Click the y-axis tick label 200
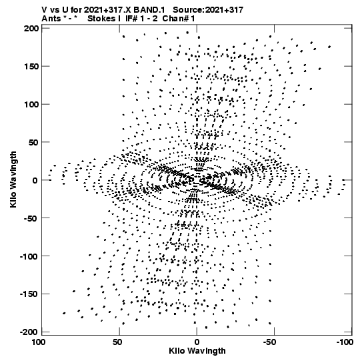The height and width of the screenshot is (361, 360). coord(31,29)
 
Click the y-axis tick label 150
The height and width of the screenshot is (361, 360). coord(31,67)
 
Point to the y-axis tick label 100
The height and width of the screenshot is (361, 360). coord(31,105)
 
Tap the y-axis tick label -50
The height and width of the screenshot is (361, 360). coord(30,218)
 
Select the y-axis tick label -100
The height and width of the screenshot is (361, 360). coord(29,256)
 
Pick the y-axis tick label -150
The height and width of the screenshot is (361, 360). coord(29,294)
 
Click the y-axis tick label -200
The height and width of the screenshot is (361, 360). coord(29,332)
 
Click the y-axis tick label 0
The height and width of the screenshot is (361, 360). coord(35,180)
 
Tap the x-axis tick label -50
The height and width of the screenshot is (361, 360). coord(269,342)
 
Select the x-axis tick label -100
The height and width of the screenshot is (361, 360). coord(345,342)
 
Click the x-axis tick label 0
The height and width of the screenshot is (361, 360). coord(197,342)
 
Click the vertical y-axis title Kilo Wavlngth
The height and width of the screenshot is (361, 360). coord(13,179)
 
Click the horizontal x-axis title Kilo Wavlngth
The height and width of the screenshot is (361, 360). coord(197,352)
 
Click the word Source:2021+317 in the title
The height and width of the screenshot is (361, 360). coord(208,10)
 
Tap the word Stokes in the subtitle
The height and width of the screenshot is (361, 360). coord(101,19)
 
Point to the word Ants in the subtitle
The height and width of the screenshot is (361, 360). coord(51,19)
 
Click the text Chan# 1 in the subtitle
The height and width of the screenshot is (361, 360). coord(179,19)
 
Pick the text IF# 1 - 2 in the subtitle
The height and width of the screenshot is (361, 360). coord(141,19)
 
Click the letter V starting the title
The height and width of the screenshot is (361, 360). coord(45,10)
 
